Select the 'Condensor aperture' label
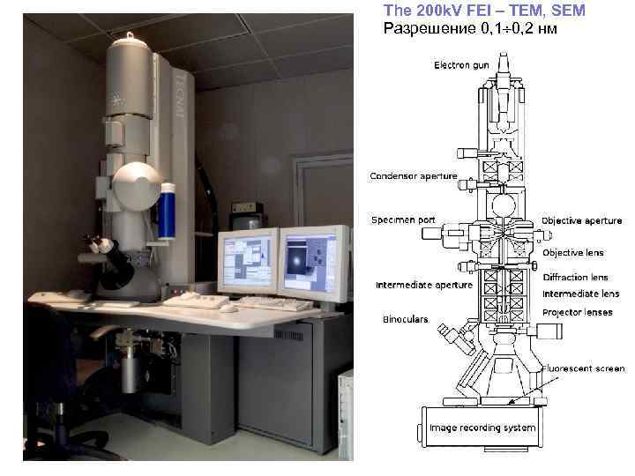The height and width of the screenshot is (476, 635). tap(414, 176)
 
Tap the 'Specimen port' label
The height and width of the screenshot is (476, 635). tap(403, 219)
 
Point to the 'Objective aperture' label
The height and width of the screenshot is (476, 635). tap(581, 220)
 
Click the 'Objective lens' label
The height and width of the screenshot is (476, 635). tap(572, 253)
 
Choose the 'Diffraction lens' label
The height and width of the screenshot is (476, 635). tap(575, 278)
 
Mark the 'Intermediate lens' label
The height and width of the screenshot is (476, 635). tap(580, 294)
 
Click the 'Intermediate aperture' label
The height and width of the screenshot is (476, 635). tap(423, 285)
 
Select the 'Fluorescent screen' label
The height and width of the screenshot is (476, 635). tap(583, 368)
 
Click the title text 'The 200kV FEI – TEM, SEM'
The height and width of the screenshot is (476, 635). tap(484, 11)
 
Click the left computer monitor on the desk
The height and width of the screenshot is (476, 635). tap(248, 260)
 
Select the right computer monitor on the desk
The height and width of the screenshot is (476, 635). tap(312, 261)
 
